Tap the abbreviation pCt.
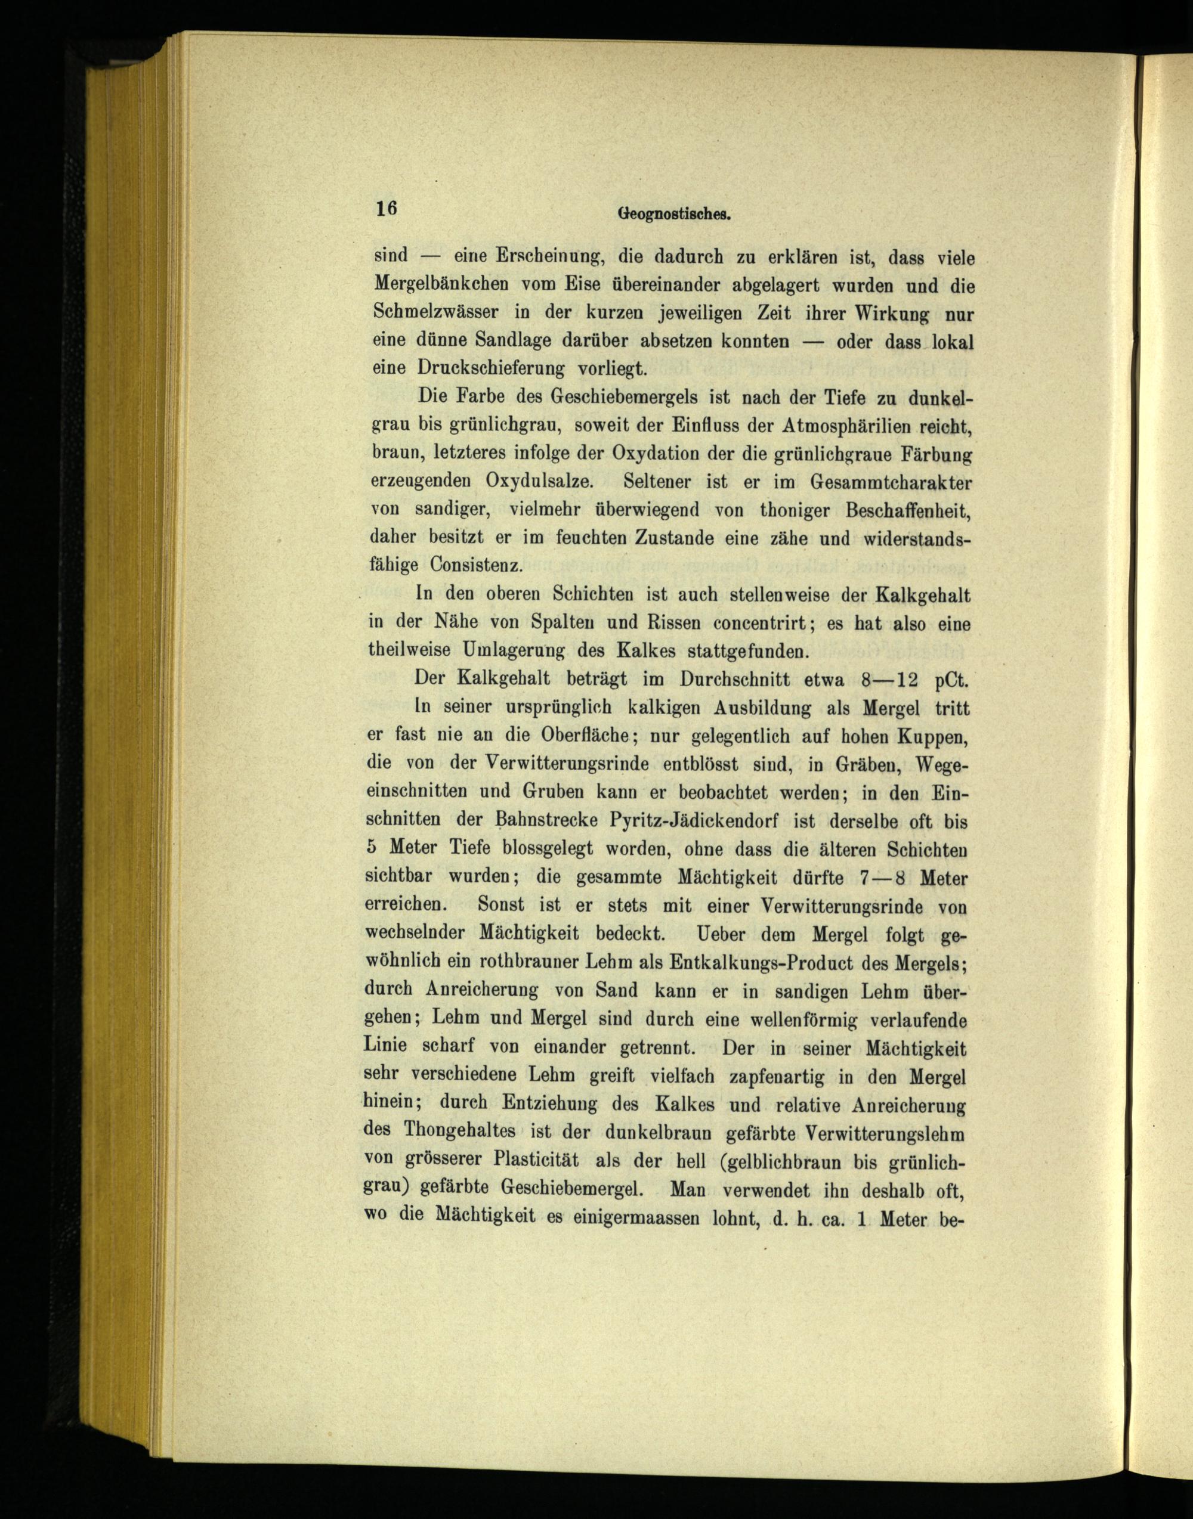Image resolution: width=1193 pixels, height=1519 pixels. tap(951, 678)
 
